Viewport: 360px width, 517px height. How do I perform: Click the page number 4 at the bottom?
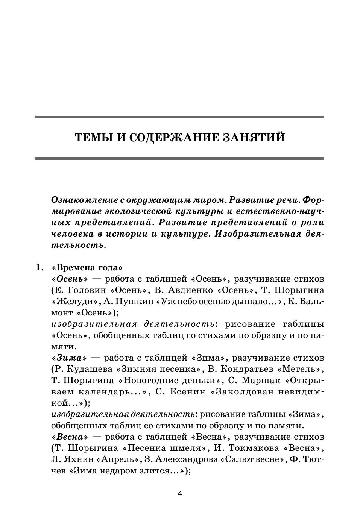tap(179, 494)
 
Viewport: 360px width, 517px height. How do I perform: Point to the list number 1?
tap(39, 268)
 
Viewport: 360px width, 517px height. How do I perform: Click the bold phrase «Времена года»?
tap(87, 268)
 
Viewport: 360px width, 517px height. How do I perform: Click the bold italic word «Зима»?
tap(70, 358)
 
